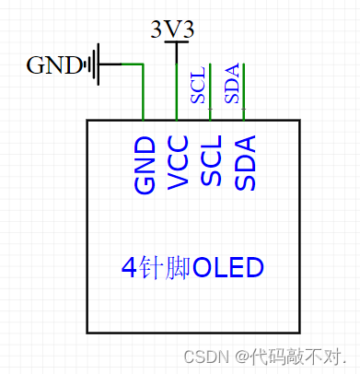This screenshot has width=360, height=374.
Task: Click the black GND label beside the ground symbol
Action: click(54, 65)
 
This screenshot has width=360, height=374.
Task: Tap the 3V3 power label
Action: click(172, 29)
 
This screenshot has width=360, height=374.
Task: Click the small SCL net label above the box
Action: click(198, 84)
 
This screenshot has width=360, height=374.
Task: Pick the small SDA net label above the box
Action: click(231, 84)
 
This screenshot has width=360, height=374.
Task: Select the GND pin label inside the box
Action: click(145, 165)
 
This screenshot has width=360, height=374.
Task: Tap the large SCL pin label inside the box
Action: click(211, 162)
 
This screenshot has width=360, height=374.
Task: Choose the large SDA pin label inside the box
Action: click(244, 162)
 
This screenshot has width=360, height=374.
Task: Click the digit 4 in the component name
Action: click(129, 268)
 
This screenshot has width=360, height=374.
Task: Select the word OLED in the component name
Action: click(228, 268)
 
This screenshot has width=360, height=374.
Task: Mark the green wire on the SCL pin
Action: click(211, 92)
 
